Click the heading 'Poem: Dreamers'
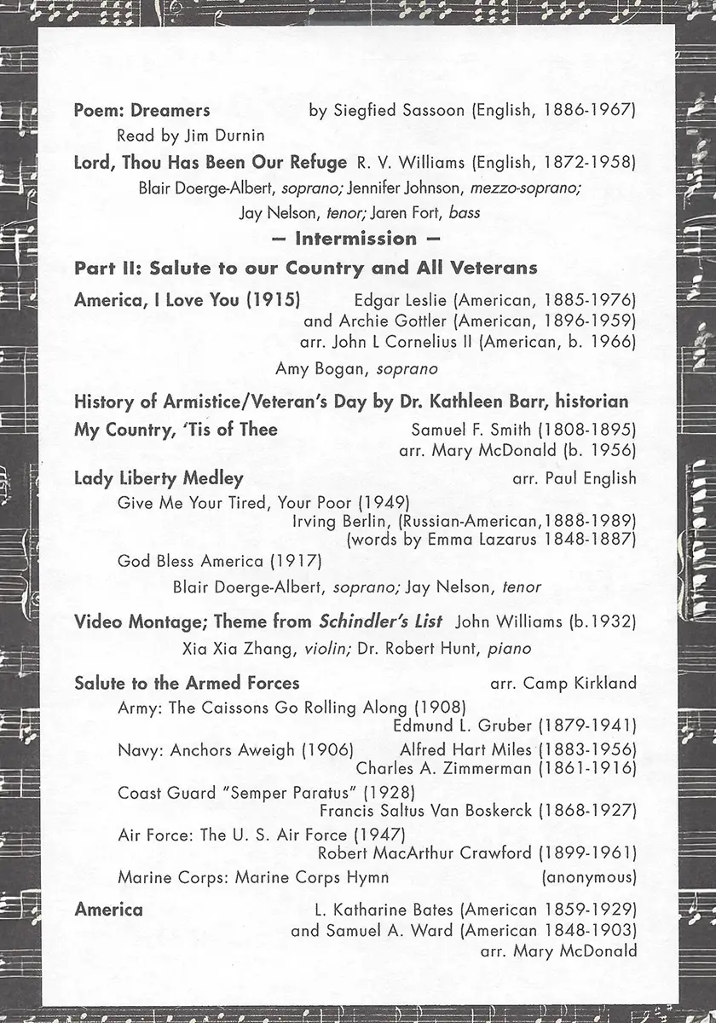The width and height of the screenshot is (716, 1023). [141, 110]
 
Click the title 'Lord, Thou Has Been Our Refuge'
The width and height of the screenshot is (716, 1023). [211, 162]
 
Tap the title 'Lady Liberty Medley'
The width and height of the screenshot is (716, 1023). [159, 478]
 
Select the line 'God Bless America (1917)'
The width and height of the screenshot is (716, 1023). [220, 561]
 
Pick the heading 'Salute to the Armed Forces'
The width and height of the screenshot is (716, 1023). [187, 683]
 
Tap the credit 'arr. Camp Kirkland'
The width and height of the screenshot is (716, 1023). [563, 683]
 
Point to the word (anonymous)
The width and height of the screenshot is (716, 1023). [589, 877]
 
